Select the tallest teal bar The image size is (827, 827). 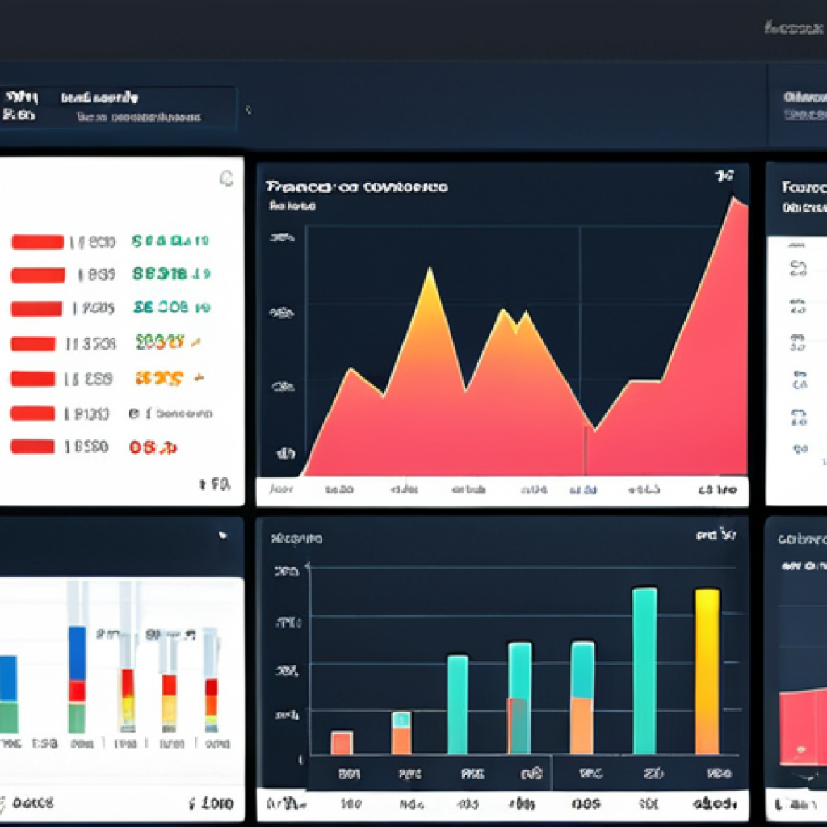(644, 670)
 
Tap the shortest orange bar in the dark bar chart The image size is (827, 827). (342, 742)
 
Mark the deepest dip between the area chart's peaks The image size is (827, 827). (594, 427)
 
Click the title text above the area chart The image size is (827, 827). (355, 187)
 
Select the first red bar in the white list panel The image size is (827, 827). (37, 241)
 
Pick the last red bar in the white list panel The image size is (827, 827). (32, 447)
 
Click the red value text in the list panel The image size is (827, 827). (153, 447)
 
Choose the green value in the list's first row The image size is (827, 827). (170, 241)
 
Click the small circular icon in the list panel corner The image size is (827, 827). (227, 179)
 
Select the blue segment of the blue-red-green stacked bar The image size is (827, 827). (77, 653)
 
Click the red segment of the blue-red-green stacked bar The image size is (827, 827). (77, 691)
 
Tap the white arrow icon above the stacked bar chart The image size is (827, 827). (223, 535)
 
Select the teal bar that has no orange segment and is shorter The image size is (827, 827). (457, 703)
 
